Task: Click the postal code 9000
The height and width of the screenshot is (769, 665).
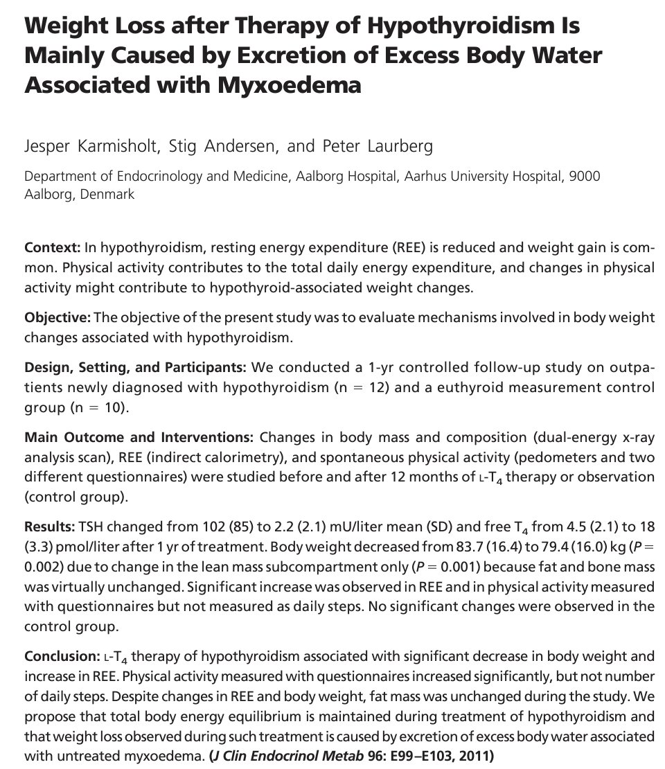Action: (x=584, y=177)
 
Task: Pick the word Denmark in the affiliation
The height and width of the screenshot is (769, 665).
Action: (x=108, y=194)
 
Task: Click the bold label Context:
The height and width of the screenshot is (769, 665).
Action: (x=52, y=248)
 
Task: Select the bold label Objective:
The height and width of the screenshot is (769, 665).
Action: (x=57, y=318)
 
